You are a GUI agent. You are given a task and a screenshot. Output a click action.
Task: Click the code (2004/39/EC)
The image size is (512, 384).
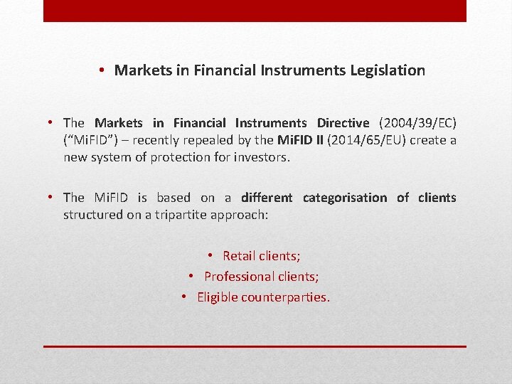click(x=426, y=123)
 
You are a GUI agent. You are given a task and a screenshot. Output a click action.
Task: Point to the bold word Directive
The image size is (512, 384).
click(x=343, y=123)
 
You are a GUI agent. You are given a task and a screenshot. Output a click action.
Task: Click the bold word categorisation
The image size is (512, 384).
click(x=345, y=198)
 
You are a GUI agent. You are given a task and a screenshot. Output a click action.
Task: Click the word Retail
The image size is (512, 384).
click(x=240, y=256)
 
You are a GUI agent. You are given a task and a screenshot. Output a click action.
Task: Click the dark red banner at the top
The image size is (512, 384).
click(x=255, y=11)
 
